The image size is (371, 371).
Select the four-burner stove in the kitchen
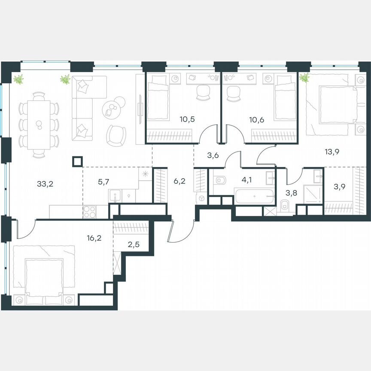click(90, 211)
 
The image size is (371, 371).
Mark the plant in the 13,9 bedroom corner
click(304, 78)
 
